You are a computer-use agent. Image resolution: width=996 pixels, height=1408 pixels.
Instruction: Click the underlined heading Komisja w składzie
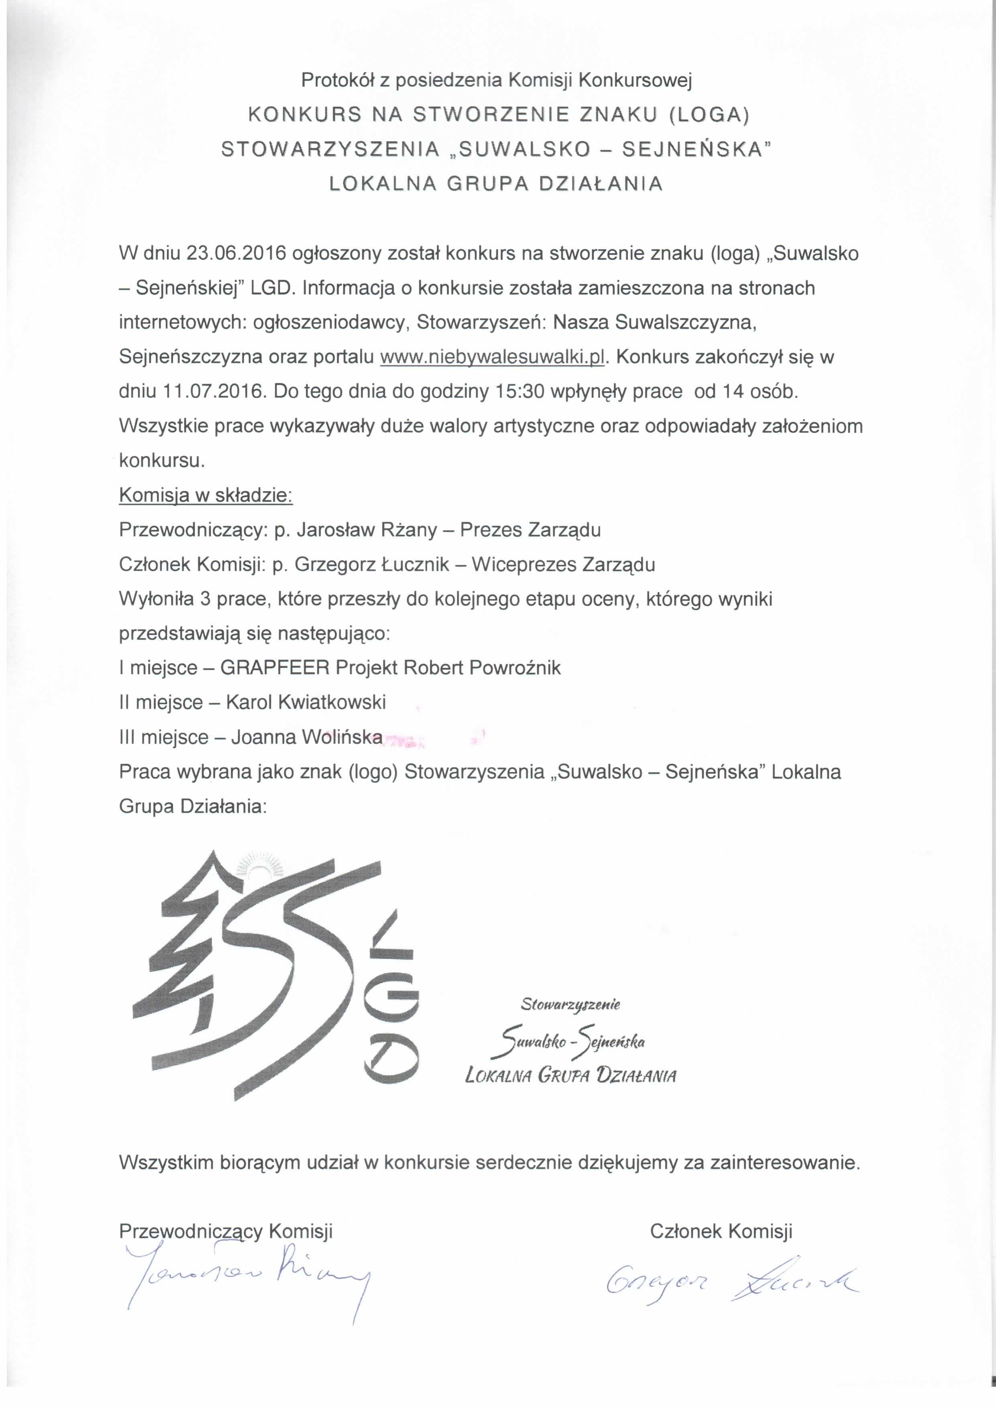pos(206,495)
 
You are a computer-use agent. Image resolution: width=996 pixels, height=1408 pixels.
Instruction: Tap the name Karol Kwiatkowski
pos(306,702)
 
